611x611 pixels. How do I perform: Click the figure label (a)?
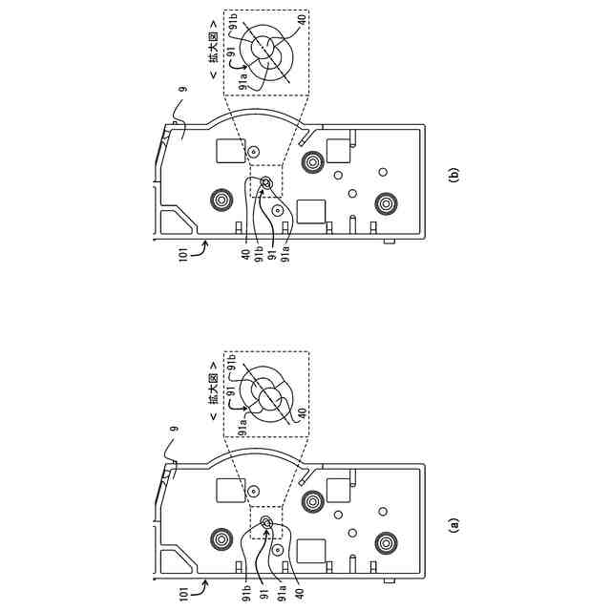pos(454,523)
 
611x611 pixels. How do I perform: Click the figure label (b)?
pos(454,175)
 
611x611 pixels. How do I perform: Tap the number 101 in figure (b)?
pos(182,253)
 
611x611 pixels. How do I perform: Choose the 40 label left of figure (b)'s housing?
pos(245,253)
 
